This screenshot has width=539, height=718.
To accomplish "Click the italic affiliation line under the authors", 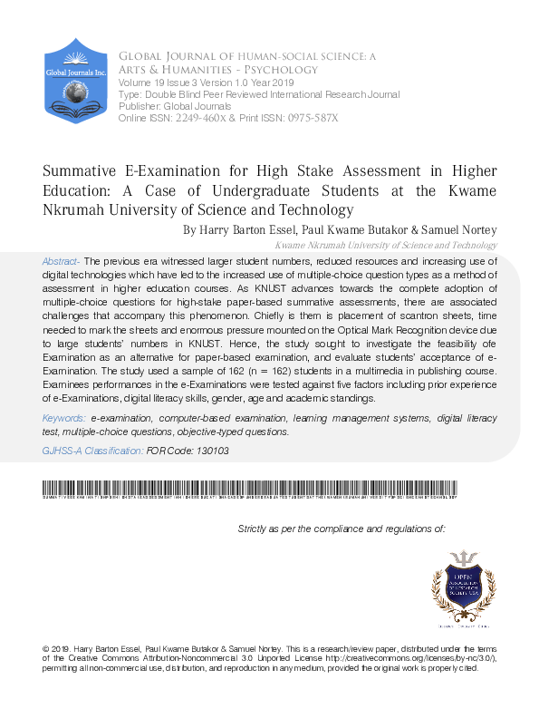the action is pos(385,245).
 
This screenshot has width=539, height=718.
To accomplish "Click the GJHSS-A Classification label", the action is pos(92,450).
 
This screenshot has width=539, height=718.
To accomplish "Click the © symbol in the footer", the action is pos(45,650).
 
